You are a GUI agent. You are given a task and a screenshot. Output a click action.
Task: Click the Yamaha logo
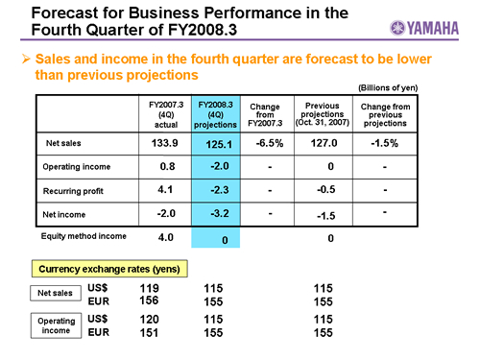(424, 28)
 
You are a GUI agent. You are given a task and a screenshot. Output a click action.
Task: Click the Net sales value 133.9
(165, 143)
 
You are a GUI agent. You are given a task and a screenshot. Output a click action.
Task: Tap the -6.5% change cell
(270, 143)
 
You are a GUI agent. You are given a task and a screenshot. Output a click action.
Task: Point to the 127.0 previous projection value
(324, 143)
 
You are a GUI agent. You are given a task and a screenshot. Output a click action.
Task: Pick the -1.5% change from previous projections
(385, 143)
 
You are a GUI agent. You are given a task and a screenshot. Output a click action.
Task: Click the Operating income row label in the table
(77, 167)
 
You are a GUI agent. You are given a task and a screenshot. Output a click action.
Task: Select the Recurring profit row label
(73, 191)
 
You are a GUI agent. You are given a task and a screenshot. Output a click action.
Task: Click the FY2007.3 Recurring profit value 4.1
(165, 189)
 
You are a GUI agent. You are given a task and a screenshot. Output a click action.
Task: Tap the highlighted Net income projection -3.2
(220, 213)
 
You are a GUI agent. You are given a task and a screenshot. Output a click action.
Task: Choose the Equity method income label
(84, 236)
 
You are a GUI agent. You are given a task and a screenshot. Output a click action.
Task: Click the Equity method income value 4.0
(166, 237)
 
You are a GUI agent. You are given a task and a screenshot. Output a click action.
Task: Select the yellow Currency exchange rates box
(109, 269)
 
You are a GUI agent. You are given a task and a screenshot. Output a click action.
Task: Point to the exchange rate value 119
(149, 288)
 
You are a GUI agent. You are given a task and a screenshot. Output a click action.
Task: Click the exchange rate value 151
(149, 333)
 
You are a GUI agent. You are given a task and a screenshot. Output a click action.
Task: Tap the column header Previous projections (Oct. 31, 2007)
(323, 114)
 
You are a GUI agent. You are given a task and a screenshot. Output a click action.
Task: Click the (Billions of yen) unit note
(388, 87)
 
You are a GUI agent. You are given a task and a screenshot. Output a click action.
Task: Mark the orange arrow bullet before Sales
(26, 59)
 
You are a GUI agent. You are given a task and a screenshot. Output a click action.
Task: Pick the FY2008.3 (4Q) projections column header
(215, 114)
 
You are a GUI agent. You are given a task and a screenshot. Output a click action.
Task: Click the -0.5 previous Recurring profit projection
(326, 189)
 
